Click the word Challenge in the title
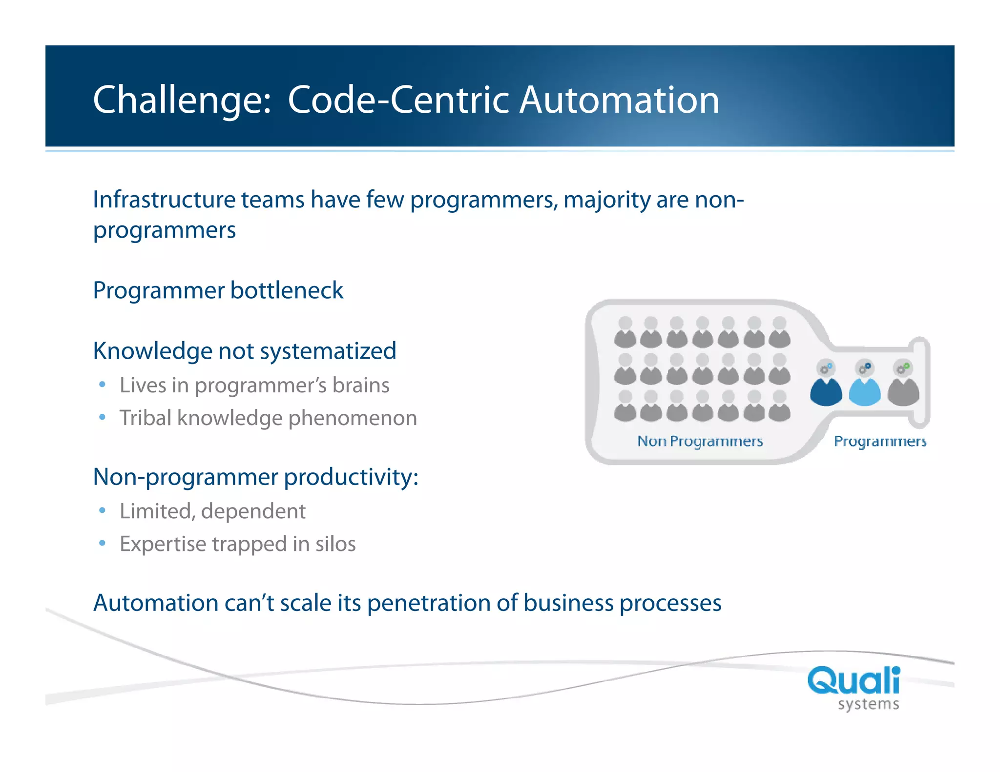[x=181, y=100]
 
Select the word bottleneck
[x=287, y=291]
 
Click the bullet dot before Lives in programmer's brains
[x=102, y=385]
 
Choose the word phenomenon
[x=353, y=419]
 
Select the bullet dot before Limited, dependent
[x=102, y=511]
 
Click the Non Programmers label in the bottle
[x=700, y=441]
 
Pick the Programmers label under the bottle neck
[x=880, y=441]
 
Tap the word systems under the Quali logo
[x=868, y=705]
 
